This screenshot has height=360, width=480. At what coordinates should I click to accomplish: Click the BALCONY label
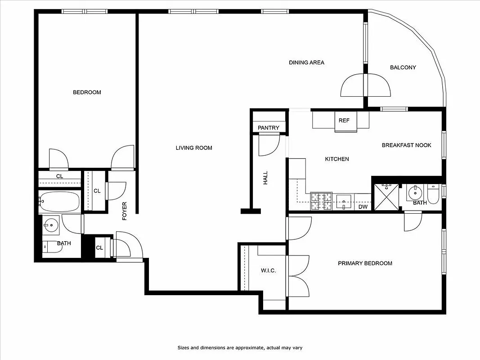(x=403, y=67)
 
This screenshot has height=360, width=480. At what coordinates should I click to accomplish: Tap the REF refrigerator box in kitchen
(x=344, y=121)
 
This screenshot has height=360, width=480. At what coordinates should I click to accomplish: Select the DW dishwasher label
(x=363, y=207)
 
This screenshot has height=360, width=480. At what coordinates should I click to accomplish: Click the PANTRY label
(x=269, y=128)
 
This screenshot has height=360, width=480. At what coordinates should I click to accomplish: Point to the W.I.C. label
(x=268, y=270)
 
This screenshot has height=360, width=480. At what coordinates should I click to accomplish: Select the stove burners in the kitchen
(x=322, y=201)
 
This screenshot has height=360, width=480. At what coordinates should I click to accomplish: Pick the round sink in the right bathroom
(x=414, y=193)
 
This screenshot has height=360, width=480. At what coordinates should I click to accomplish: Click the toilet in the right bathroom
(x=433, y=194)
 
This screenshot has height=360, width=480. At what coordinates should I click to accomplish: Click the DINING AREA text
(x=306, y=63)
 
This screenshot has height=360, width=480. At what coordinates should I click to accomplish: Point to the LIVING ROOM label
(x=194, y=148)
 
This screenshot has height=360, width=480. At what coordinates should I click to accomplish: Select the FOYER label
(x=125, y=211)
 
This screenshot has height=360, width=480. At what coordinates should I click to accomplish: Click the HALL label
(x=265, y=177)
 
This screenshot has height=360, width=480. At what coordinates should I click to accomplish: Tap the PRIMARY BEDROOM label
(x=365, y=263)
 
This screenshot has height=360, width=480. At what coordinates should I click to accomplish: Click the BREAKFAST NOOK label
(x=406, y=145)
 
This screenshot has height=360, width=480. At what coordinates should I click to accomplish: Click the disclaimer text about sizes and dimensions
(x=242, y=347)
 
